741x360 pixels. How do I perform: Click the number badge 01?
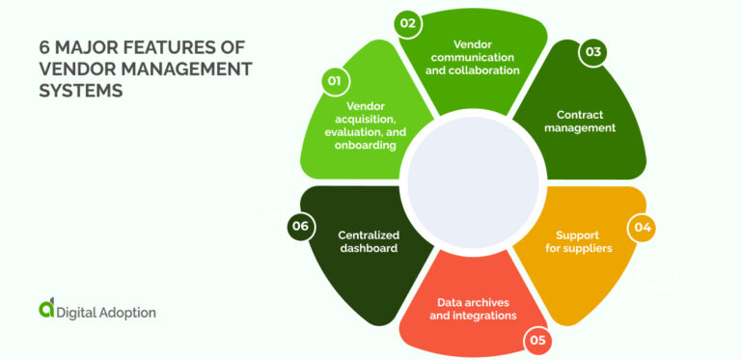pos(334,81)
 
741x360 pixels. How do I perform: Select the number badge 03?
pos(592,52)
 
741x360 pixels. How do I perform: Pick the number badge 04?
pos(641,228)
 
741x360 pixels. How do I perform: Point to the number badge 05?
pos(536,339)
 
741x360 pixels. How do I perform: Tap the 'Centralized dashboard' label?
pos(369,241)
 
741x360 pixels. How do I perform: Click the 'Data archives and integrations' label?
pos(476,308)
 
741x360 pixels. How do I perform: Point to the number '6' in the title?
pos(44,46)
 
